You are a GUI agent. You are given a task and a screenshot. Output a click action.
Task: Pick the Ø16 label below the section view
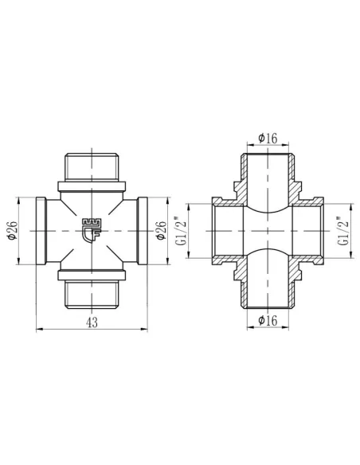268,320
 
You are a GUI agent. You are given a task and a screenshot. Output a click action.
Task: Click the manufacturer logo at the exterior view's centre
91,231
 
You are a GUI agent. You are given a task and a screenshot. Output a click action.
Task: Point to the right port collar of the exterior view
141,231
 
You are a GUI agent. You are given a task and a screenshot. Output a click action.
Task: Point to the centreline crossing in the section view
268,231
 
